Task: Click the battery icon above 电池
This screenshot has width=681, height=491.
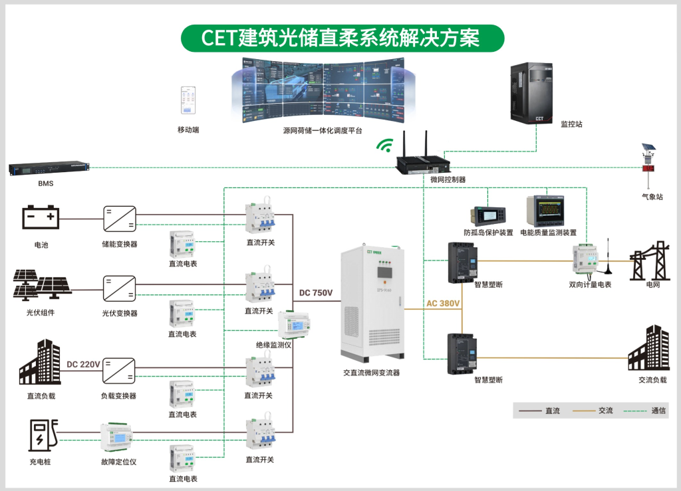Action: pyautogui.click(x=41, y=217)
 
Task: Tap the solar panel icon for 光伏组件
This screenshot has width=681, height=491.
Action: pyautogui.click(x=42, y=284)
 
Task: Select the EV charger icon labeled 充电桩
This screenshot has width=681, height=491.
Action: pyautogui.click(x=42, y=435)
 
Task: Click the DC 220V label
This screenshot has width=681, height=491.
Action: pyautogui.click(x=83, y=364)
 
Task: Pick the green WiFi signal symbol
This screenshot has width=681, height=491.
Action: pyautogui.click(x=384, y=145)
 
